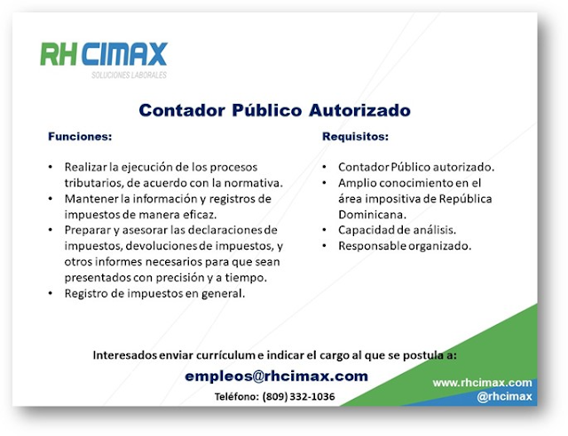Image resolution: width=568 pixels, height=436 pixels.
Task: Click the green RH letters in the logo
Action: click(x=59, y=54)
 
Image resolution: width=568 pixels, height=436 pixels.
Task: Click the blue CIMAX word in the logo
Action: click(x=125, y=54)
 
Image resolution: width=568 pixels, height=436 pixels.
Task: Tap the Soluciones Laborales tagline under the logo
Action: click(x=129, y=75)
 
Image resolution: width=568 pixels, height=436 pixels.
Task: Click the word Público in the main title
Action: click(x=266, y=110)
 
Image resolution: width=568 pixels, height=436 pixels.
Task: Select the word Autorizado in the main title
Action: click(x=359, y=110)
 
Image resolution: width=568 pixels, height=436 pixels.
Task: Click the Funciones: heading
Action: click(x=80, y=137)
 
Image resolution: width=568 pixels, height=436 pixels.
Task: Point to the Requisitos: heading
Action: click(x=355, y=137)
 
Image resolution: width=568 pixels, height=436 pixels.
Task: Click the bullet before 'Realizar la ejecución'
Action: click(x=51, y=167)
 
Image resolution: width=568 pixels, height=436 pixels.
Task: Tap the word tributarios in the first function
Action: click(x=94, y=183)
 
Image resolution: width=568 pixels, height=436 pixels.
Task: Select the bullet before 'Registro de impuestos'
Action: click(x=51, y=293)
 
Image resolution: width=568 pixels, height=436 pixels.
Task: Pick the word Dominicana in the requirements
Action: click(x=372, y=215)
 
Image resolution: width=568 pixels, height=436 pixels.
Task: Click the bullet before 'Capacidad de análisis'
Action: click(x=324, y=230)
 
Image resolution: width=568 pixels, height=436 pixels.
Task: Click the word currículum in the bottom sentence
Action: click(x=225, y=355)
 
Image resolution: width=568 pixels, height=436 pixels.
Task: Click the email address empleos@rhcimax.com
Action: click(x=276, y=377)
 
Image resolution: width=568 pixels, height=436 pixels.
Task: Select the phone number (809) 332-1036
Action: click(x=298, y=397)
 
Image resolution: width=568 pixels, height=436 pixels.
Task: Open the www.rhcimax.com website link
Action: click(x=482, y=383)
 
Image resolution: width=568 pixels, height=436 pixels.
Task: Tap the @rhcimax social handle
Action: click(x=504, y=397)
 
